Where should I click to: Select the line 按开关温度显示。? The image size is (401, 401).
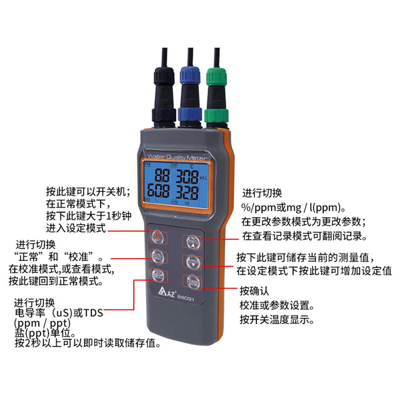tap(276, 320)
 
